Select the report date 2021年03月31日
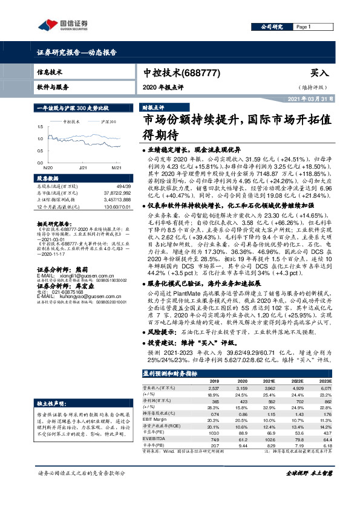312,99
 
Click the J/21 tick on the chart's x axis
83,167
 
